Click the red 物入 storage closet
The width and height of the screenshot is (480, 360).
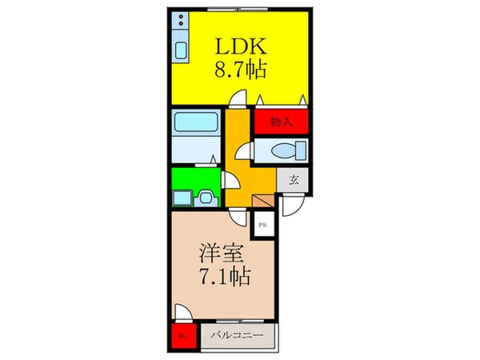coord(281,122)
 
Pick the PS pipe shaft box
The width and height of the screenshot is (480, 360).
coord(262,226)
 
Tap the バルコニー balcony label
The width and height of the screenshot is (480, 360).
coord(238,336)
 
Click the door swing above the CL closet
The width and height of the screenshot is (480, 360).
coord(183,314)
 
